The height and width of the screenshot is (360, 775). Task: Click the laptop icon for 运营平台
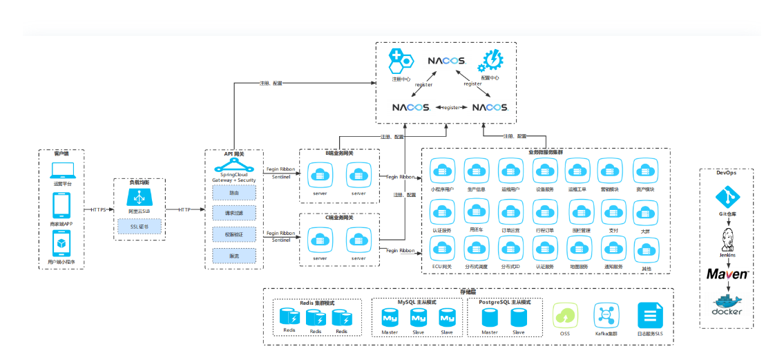point(62,170)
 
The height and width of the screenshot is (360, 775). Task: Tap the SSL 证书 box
point(140,226)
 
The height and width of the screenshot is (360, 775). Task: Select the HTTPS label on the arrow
point(99,209)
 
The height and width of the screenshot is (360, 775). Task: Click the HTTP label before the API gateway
point(184,209)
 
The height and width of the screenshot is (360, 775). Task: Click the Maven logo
point(727,274)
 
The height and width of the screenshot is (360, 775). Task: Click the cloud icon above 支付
point(613,210)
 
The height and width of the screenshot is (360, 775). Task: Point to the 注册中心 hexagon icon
point(400,61)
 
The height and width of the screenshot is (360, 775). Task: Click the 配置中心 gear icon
point(492,61)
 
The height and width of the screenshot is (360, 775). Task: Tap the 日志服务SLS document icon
point(649,315)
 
